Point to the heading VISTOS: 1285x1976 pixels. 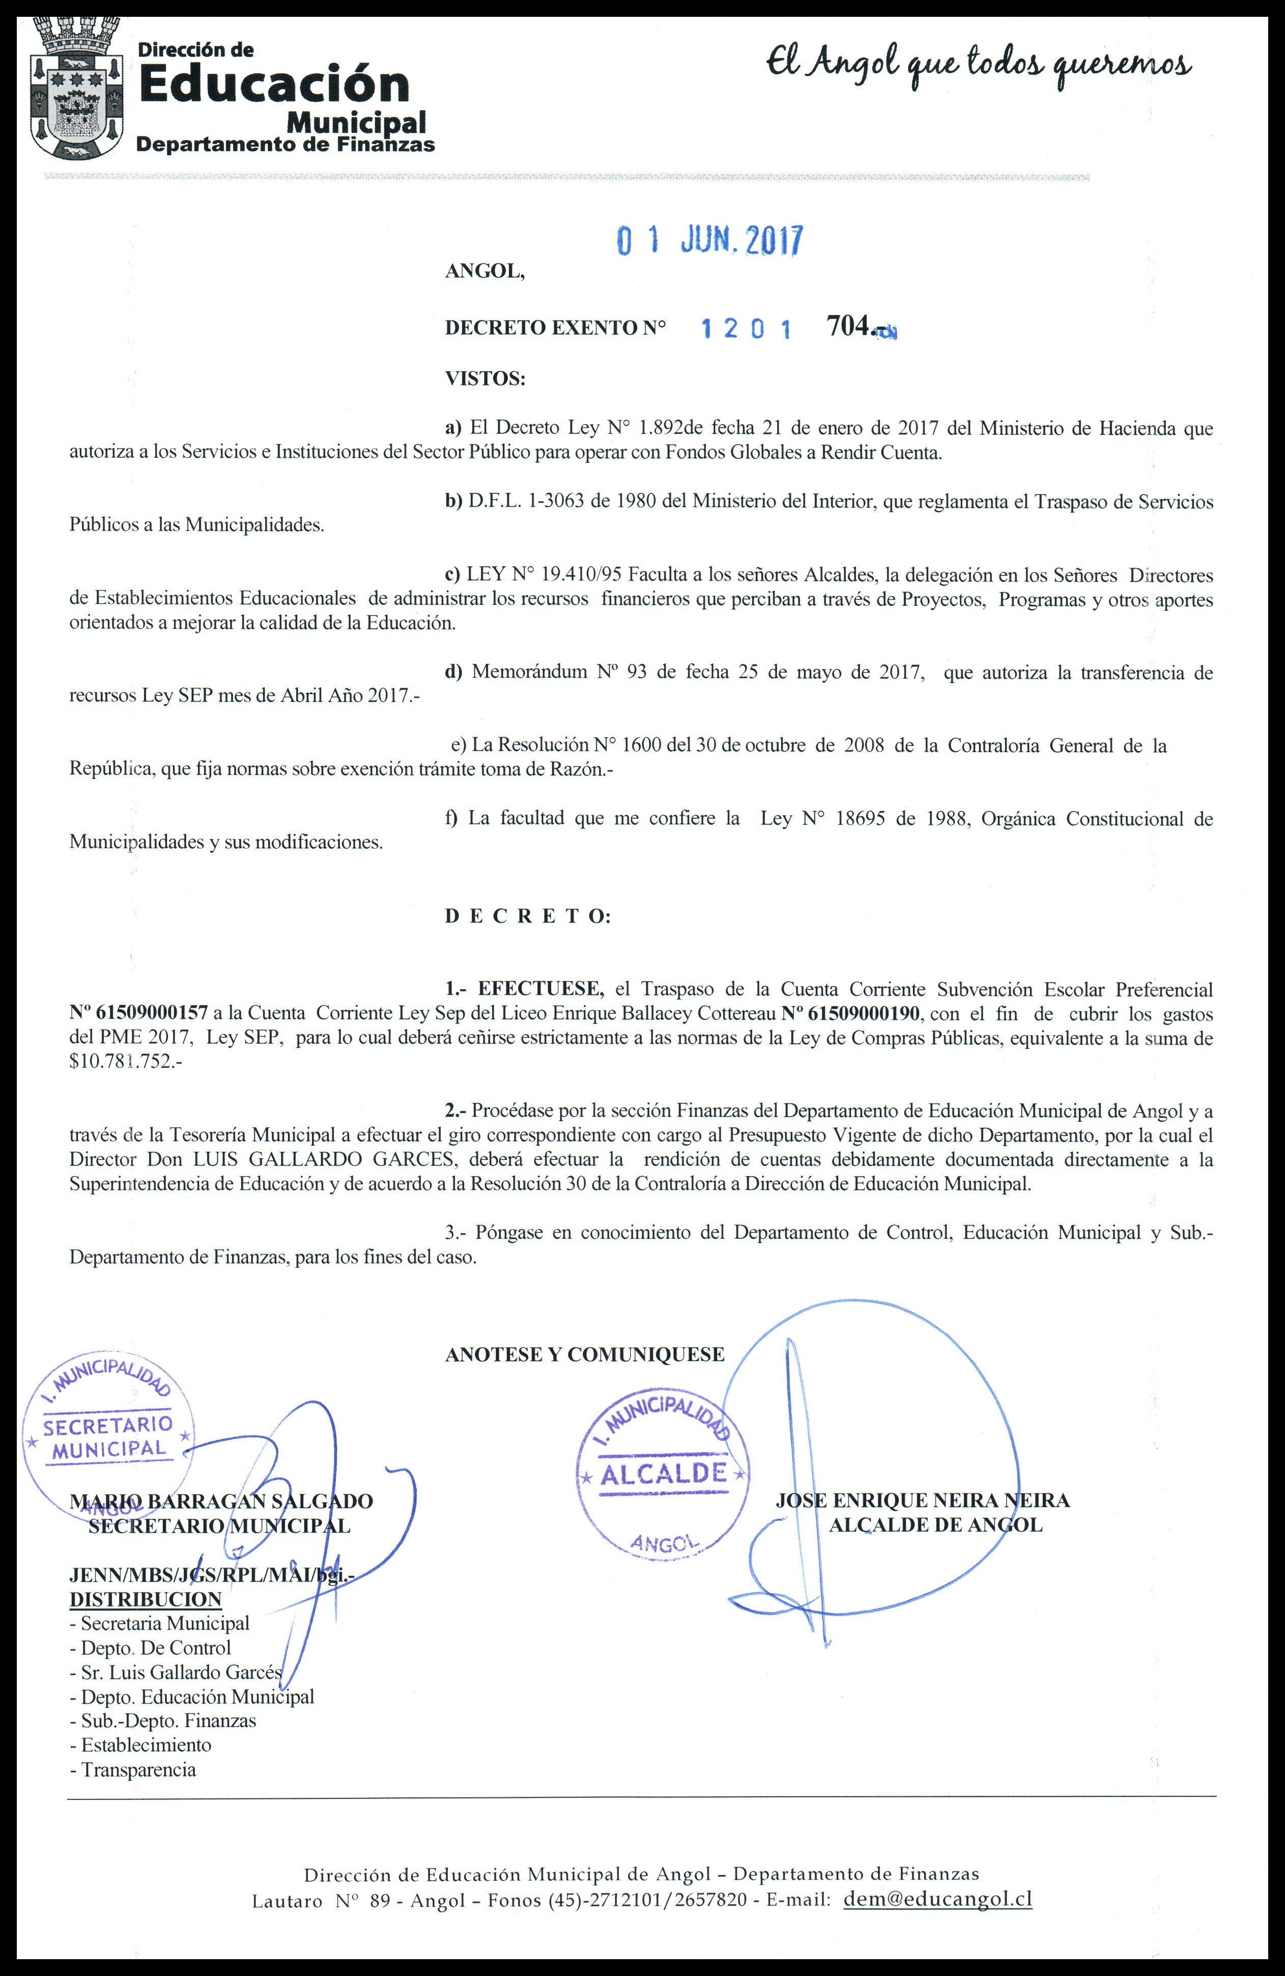(486, 379)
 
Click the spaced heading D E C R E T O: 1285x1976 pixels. (528, 916)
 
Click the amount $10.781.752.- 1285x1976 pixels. (125, 1063)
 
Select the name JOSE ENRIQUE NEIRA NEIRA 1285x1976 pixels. (922, 1500)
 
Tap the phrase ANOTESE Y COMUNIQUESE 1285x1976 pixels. (584, 1354)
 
